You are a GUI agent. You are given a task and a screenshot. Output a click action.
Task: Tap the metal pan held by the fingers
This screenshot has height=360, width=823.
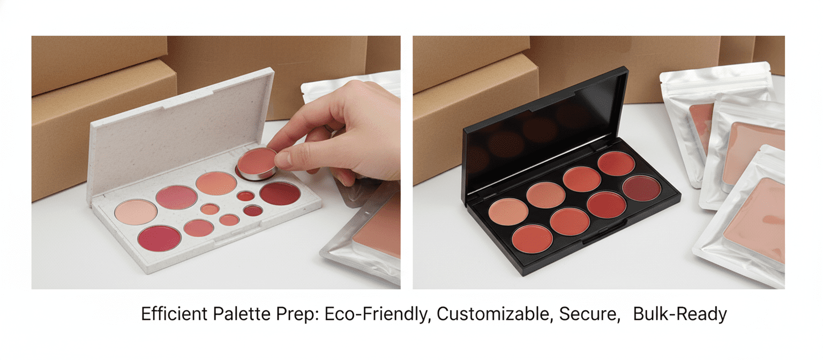(257, 164)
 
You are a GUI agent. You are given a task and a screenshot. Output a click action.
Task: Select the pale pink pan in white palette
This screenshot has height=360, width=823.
(136, 211)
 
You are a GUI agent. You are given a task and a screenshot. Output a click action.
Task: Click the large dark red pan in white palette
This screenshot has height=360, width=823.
(280, 193)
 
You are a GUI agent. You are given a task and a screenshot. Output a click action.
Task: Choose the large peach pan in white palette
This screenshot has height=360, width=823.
(216, 183)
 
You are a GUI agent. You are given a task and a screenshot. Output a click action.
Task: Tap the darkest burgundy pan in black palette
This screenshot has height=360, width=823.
(641, 188)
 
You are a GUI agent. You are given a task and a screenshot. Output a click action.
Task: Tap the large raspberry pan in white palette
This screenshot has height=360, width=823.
(159, 238)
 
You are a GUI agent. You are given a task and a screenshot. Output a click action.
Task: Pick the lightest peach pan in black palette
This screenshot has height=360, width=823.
(508, 211)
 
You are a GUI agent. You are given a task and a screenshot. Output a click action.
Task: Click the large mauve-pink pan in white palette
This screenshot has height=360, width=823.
(176, 197)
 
